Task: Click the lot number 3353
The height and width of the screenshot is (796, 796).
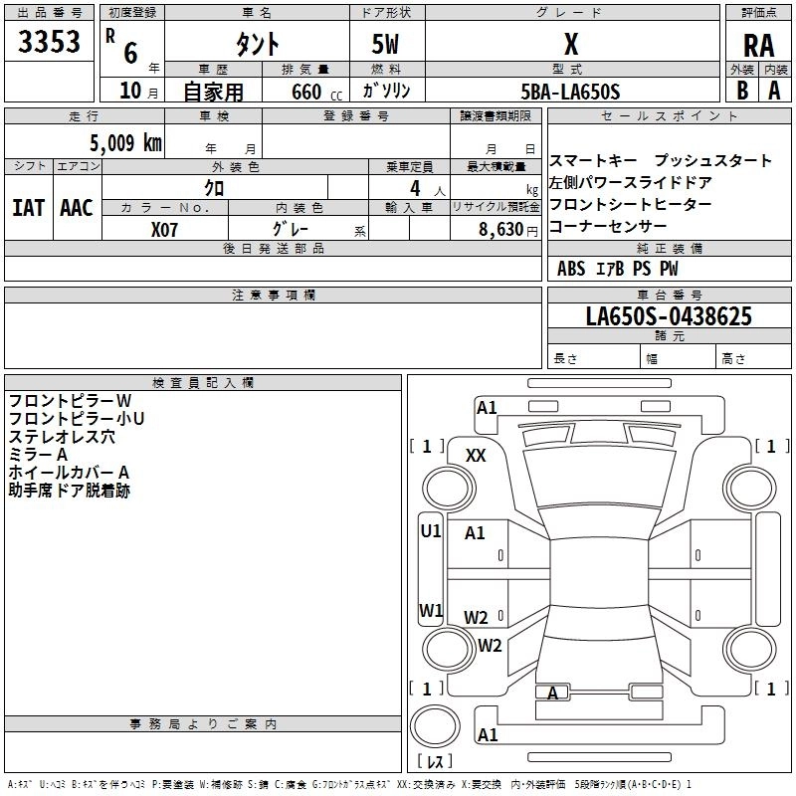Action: (x=49, y=44)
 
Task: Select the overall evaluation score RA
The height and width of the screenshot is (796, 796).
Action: (x=758, y=46)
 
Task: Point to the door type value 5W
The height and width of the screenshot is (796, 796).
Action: (x=386, y=44)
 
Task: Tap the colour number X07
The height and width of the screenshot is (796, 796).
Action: (x=165, y=229)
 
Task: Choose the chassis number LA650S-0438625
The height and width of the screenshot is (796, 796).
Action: (x=668, y=317)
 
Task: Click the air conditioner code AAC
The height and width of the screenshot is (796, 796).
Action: (x=77, y=207)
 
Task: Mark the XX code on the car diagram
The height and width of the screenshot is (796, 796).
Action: (x=476, y=455)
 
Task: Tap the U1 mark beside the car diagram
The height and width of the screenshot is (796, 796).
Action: (x=430, y=531)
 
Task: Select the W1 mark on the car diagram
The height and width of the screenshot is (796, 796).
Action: (x=430, y=610)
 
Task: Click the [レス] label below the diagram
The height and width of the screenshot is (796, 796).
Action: (x=434, y=762)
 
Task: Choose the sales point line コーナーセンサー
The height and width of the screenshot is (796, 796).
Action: (x=608, y=226)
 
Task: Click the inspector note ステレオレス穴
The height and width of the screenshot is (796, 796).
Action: (x=62, y=437)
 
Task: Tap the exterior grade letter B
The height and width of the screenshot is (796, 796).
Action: (x=742, y=91)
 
